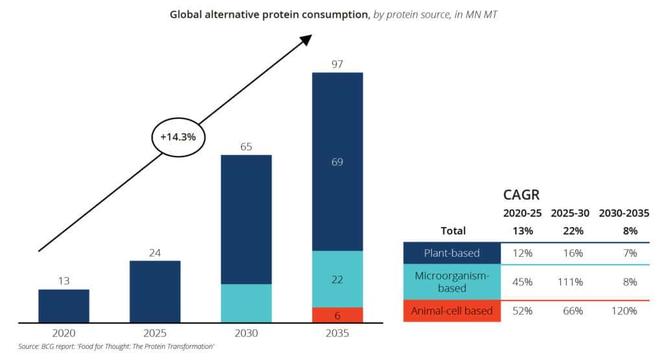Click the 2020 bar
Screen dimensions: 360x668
coord(64,306)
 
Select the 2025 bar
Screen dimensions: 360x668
coord(155,291)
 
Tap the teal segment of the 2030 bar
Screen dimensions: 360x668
coord(246,303)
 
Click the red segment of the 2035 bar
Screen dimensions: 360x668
coord(337,315)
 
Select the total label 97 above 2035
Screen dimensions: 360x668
coord(337,64)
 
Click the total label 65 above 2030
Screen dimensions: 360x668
coord(246,147)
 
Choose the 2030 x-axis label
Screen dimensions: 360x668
coord(246,334)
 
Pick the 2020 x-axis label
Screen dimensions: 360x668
coord(64,334)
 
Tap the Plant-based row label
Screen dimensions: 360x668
coord(452,253)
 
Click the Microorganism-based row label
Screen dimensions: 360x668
coord(452,282)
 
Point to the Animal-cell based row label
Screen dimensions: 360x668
coord(452,311)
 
